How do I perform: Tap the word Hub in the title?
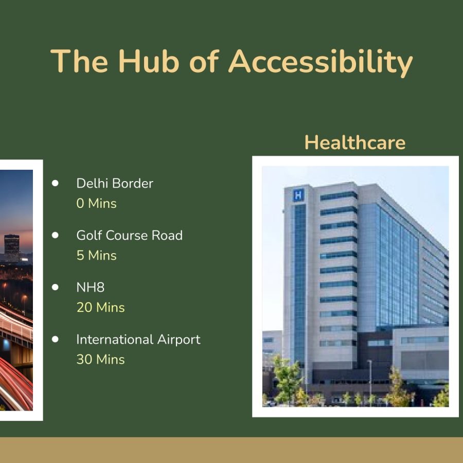(x=149, y=61)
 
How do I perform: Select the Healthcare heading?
(x=355, y=143)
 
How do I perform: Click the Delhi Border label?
(x=115, y=183)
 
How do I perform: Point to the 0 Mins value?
(x=97, y=203)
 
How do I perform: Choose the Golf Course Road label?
(x=129, y=235)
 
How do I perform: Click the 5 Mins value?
(x=97, y=255)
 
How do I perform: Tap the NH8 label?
(x=91, y=287)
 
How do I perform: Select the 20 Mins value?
(x=100, y=308)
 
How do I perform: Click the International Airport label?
(x=138, y=340)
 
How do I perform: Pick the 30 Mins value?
(x=100, y=360)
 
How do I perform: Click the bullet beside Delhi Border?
(x=55, y=183)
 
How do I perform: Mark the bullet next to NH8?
(x=55, y=287)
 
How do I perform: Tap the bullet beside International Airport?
(x=55, y=339)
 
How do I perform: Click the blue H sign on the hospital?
(x=298, y=195)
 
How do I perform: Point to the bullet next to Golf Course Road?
(x=55, y=235)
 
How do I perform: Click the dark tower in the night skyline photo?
(x=12, y=247)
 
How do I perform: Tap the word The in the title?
(x=79, y=61)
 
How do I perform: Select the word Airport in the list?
(x=179, y=340)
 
